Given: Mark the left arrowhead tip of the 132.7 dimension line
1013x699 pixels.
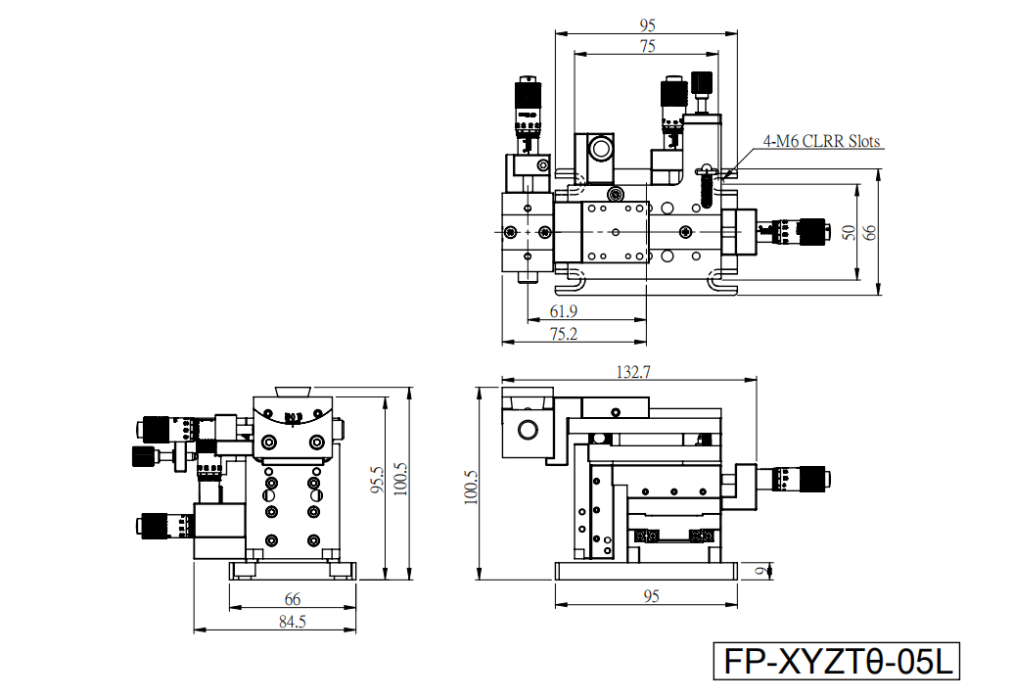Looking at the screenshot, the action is click(502, 380).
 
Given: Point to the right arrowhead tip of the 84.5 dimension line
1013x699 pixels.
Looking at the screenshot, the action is click(356, 629).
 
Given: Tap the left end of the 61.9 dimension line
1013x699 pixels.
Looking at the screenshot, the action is click(528, 319).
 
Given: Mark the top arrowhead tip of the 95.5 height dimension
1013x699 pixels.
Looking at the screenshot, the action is click(386, 396).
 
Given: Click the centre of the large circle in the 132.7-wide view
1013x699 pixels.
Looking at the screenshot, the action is click(528, 429).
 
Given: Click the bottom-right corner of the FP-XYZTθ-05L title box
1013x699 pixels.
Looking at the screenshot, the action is click(959, 679).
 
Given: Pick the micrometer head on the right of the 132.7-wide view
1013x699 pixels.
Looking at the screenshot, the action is click(795, 479).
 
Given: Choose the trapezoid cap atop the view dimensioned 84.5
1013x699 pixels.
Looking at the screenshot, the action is click(294, 391).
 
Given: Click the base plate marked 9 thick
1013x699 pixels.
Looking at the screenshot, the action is click(646, 571).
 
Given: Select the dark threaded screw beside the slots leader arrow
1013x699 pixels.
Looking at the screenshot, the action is click(706, 188).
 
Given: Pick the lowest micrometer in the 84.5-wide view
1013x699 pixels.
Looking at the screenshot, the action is click(165, 525).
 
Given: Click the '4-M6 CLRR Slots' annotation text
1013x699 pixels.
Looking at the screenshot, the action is click(822, 141).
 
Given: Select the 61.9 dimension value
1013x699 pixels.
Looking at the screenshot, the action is click(564, 311).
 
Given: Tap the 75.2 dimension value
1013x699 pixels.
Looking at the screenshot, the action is click(564, 334).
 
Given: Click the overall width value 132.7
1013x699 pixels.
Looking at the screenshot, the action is click(634, 372).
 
